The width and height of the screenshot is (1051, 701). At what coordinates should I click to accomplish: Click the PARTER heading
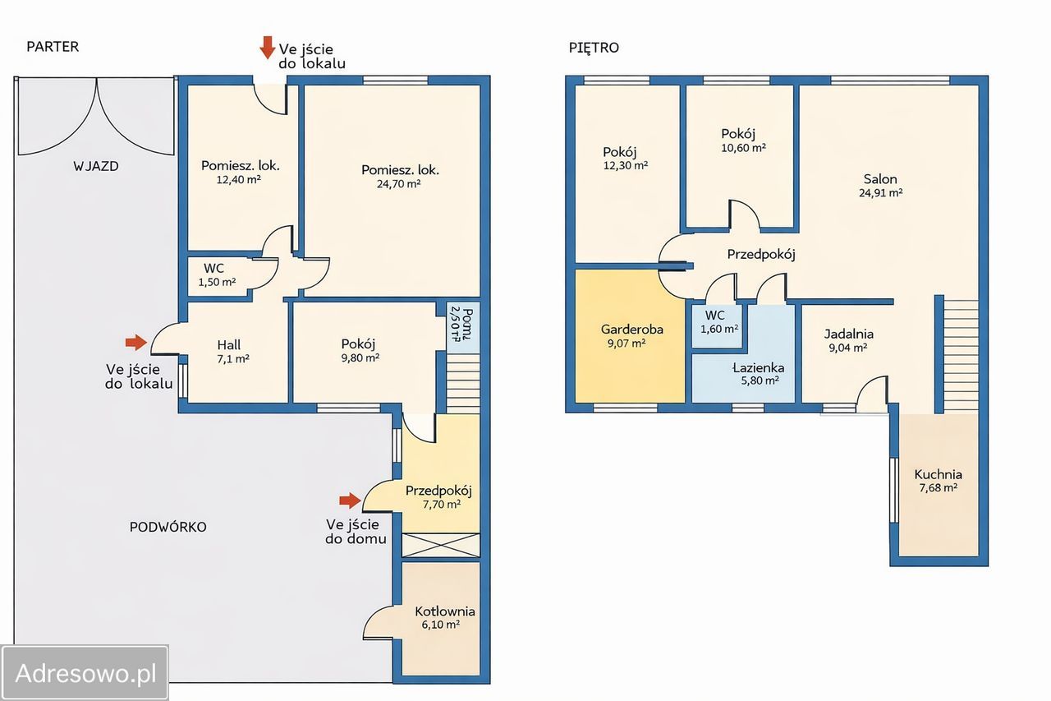tap(53, 47)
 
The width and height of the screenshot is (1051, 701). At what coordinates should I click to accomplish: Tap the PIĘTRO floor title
tap(594, 47)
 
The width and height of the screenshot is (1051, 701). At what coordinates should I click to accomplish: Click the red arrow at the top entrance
tap(268, 48)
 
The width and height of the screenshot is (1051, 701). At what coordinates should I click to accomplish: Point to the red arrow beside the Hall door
tap(136, 343)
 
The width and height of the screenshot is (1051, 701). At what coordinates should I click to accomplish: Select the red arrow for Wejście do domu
tap(350, 500)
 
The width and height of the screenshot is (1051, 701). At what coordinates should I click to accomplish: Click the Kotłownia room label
tap(445, 611)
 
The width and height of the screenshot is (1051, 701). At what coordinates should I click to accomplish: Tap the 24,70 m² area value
tap(398, 183)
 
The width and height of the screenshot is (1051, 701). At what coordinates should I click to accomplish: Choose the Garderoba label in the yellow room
tap(632, 330)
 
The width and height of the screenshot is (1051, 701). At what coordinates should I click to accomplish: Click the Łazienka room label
tap(758, 367)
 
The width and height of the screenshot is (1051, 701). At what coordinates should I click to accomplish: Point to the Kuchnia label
tap(938, 474)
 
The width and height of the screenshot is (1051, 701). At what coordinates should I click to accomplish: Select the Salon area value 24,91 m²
tap(881, 192)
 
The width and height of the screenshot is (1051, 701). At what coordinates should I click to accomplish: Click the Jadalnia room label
tap(849, 334)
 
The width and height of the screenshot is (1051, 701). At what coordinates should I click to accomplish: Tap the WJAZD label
tap(96, 166)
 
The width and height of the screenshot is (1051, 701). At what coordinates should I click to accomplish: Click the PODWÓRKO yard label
tap(168, 527)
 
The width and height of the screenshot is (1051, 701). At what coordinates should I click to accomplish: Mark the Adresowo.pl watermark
tap(85, 673)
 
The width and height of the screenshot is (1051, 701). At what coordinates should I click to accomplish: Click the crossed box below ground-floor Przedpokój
tap(441, 545)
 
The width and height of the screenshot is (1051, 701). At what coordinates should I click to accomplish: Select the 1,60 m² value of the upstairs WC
tap(719, 329)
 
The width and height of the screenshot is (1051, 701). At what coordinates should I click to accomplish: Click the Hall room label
tap(229, 345)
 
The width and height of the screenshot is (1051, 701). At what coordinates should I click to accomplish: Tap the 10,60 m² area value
tap(744, 148)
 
